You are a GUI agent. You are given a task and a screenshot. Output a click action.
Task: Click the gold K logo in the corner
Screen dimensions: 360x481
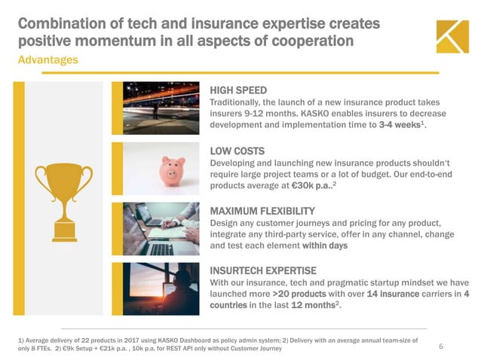pos(452,36)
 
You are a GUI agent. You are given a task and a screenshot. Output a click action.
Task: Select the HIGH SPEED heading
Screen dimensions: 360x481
pos(237,90)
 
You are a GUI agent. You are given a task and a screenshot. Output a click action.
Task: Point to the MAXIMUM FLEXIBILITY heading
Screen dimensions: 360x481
pos(262,210)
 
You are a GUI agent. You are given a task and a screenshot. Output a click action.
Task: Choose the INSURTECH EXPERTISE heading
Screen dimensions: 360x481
pos(262,270)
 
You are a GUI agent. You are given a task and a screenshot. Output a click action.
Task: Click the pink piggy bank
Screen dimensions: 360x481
pos(173,169)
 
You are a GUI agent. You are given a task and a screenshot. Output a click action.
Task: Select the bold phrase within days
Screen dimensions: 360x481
pos(324,246)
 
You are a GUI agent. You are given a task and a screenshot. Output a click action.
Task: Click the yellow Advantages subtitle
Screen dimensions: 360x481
pos(47,59)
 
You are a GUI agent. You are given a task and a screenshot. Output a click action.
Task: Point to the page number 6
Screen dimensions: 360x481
pos(440,346)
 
